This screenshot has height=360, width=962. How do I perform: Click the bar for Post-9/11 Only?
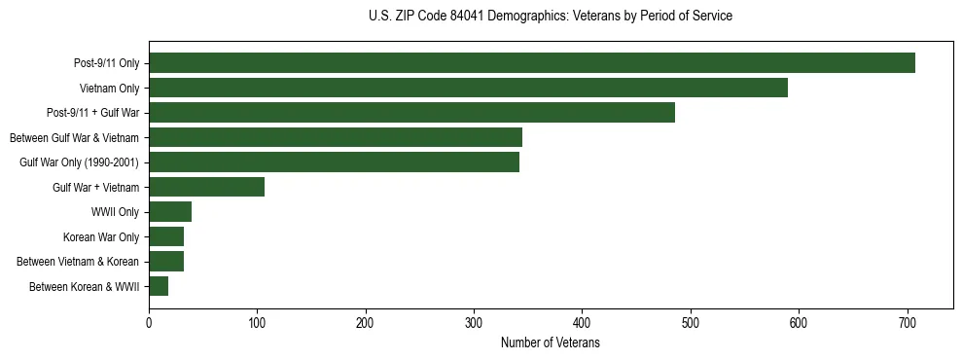[531, 63]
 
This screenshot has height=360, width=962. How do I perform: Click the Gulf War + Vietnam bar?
[206, 187]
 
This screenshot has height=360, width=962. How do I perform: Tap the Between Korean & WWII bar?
[159, 286]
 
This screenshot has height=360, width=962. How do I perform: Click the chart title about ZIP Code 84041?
[551, 17]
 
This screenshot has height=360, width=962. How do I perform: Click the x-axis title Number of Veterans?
[551, 343]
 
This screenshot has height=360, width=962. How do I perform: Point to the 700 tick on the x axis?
[907, 322]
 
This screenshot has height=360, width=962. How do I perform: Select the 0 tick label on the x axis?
[149, 322]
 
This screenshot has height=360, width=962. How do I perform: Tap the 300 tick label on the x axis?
[474, 322]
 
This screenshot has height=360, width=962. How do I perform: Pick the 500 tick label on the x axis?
[691, 322]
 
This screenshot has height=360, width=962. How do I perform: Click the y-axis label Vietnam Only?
[109, 89]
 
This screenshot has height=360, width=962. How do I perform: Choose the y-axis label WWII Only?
[114, 212]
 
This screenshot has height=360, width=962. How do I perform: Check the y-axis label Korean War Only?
[101, 236]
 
